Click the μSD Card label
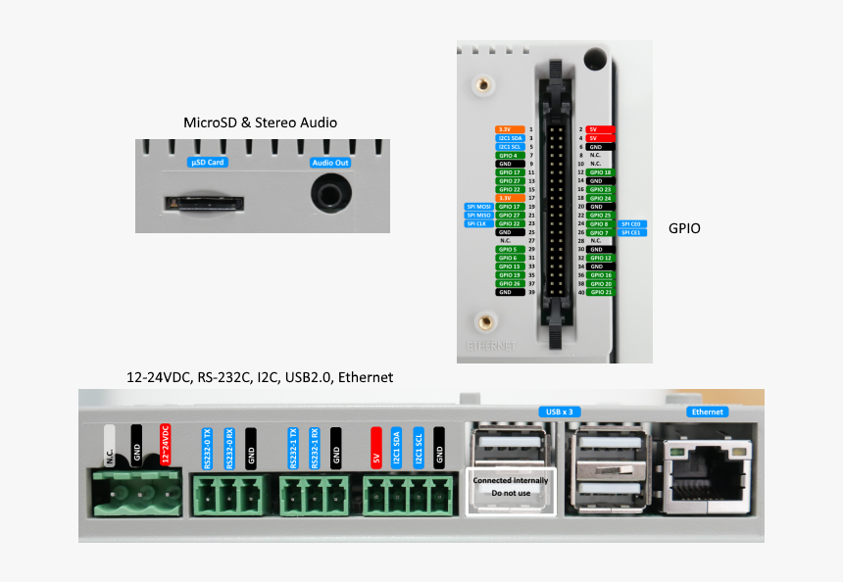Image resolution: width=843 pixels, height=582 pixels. point(208,162)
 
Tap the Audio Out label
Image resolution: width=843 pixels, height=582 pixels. point(330,163)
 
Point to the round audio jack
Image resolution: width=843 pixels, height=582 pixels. point(330,194)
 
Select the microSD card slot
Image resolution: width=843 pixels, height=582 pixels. point(203,204)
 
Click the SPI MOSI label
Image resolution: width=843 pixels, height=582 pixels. point(478,207)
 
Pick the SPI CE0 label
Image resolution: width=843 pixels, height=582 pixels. point(630,223)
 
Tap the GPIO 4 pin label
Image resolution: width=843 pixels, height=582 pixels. point(509,155)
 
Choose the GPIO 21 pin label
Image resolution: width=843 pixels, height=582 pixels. point(600,292)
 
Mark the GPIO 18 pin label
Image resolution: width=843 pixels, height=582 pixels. point(600,172)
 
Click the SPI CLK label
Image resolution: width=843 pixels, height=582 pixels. point(478,223)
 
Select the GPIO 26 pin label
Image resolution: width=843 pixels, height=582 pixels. point(509,283)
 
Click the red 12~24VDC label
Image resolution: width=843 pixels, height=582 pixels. point(166,445)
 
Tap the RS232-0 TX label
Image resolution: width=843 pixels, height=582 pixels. point(207,447)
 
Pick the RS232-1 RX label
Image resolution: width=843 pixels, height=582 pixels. point(315,447)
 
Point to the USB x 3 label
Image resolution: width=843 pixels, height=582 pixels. point(559,412)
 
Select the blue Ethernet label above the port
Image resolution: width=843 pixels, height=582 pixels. point(708,412)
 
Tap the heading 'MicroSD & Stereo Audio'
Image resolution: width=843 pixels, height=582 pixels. point(261,122)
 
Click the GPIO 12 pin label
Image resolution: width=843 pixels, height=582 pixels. point(600,258)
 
